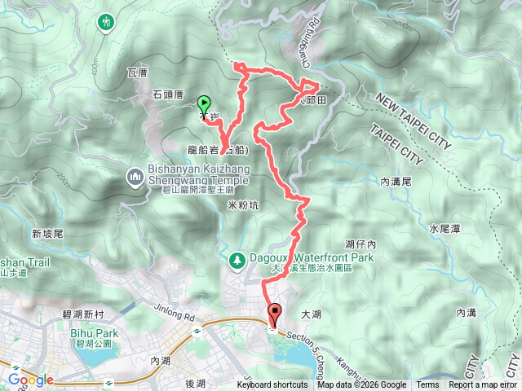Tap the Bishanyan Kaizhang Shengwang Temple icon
(134, 176)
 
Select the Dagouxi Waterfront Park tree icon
(237, 259)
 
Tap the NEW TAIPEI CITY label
(414, 122)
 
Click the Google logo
(30, 380)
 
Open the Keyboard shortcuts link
(272, 385)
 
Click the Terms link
(427, 385)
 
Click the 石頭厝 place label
(169, 94)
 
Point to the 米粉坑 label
(242, 206)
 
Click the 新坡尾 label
(47, 234)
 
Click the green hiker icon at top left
(107, 23)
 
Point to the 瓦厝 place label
(137, 72)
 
